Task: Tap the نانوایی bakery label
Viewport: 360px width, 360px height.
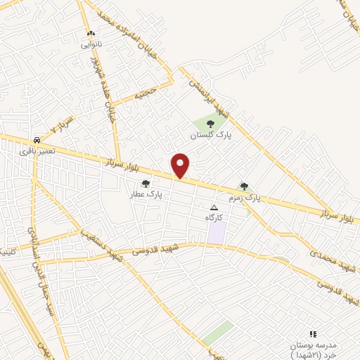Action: pos(91,44)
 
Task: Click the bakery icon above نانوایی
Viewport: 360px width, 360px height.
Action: pos(90,34)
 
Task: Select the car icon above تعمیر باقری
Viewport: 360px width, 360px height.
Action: pos(36,139)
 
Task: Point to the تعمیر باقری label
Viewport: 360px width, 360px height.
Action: pos(36,150)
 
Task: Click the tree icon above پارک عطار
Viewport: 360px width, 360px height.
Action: pos(146,184)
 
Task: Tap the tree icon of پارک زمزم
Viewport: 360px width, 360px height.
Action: pos(244,186)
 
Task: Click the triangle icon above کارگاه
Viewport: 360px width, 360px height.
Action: pos(214,207)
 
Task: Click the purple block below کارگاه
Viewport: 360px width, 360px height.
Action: pos(217,233)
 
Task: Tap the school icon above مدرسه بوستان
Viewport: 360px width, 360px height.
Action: pos(314,334)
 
